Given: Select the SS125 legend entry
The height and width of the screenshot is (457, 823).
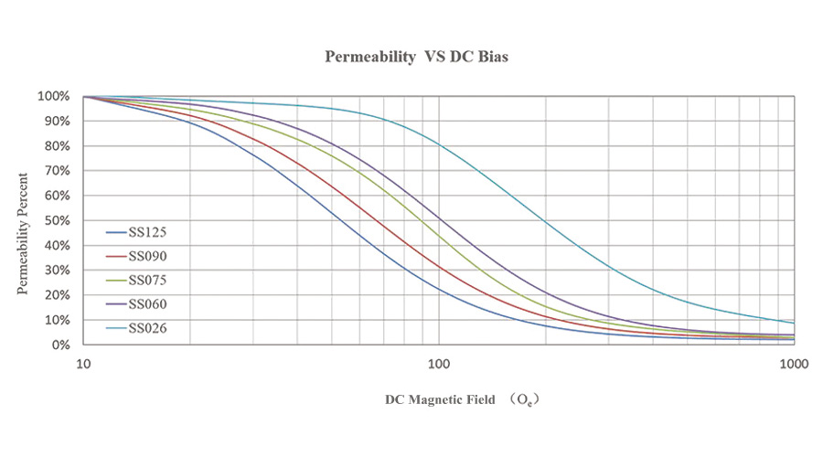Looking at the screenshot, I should click(146, 232).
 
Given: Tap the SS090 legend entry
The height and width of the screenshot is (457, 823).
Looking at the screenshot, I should click(146, 256).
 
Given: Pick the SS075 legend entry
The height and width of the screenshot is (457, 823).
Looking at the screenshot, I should click(146, 280).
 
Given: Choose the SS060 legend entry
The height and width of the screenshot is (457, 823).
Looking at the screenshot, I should click(146, 303).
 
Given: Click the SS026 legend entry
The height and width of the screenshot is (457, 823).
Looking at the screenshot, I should click(146, 327).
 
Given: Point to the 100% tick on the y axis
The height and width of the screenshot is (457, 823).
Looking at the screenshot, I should click(53, 96).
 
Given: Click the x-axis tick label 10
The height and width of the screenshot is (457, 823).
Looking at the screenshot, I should click(83, 363).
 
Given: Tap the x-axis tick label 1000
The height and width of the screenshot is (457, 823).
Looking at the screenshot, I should click(792, 363).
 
